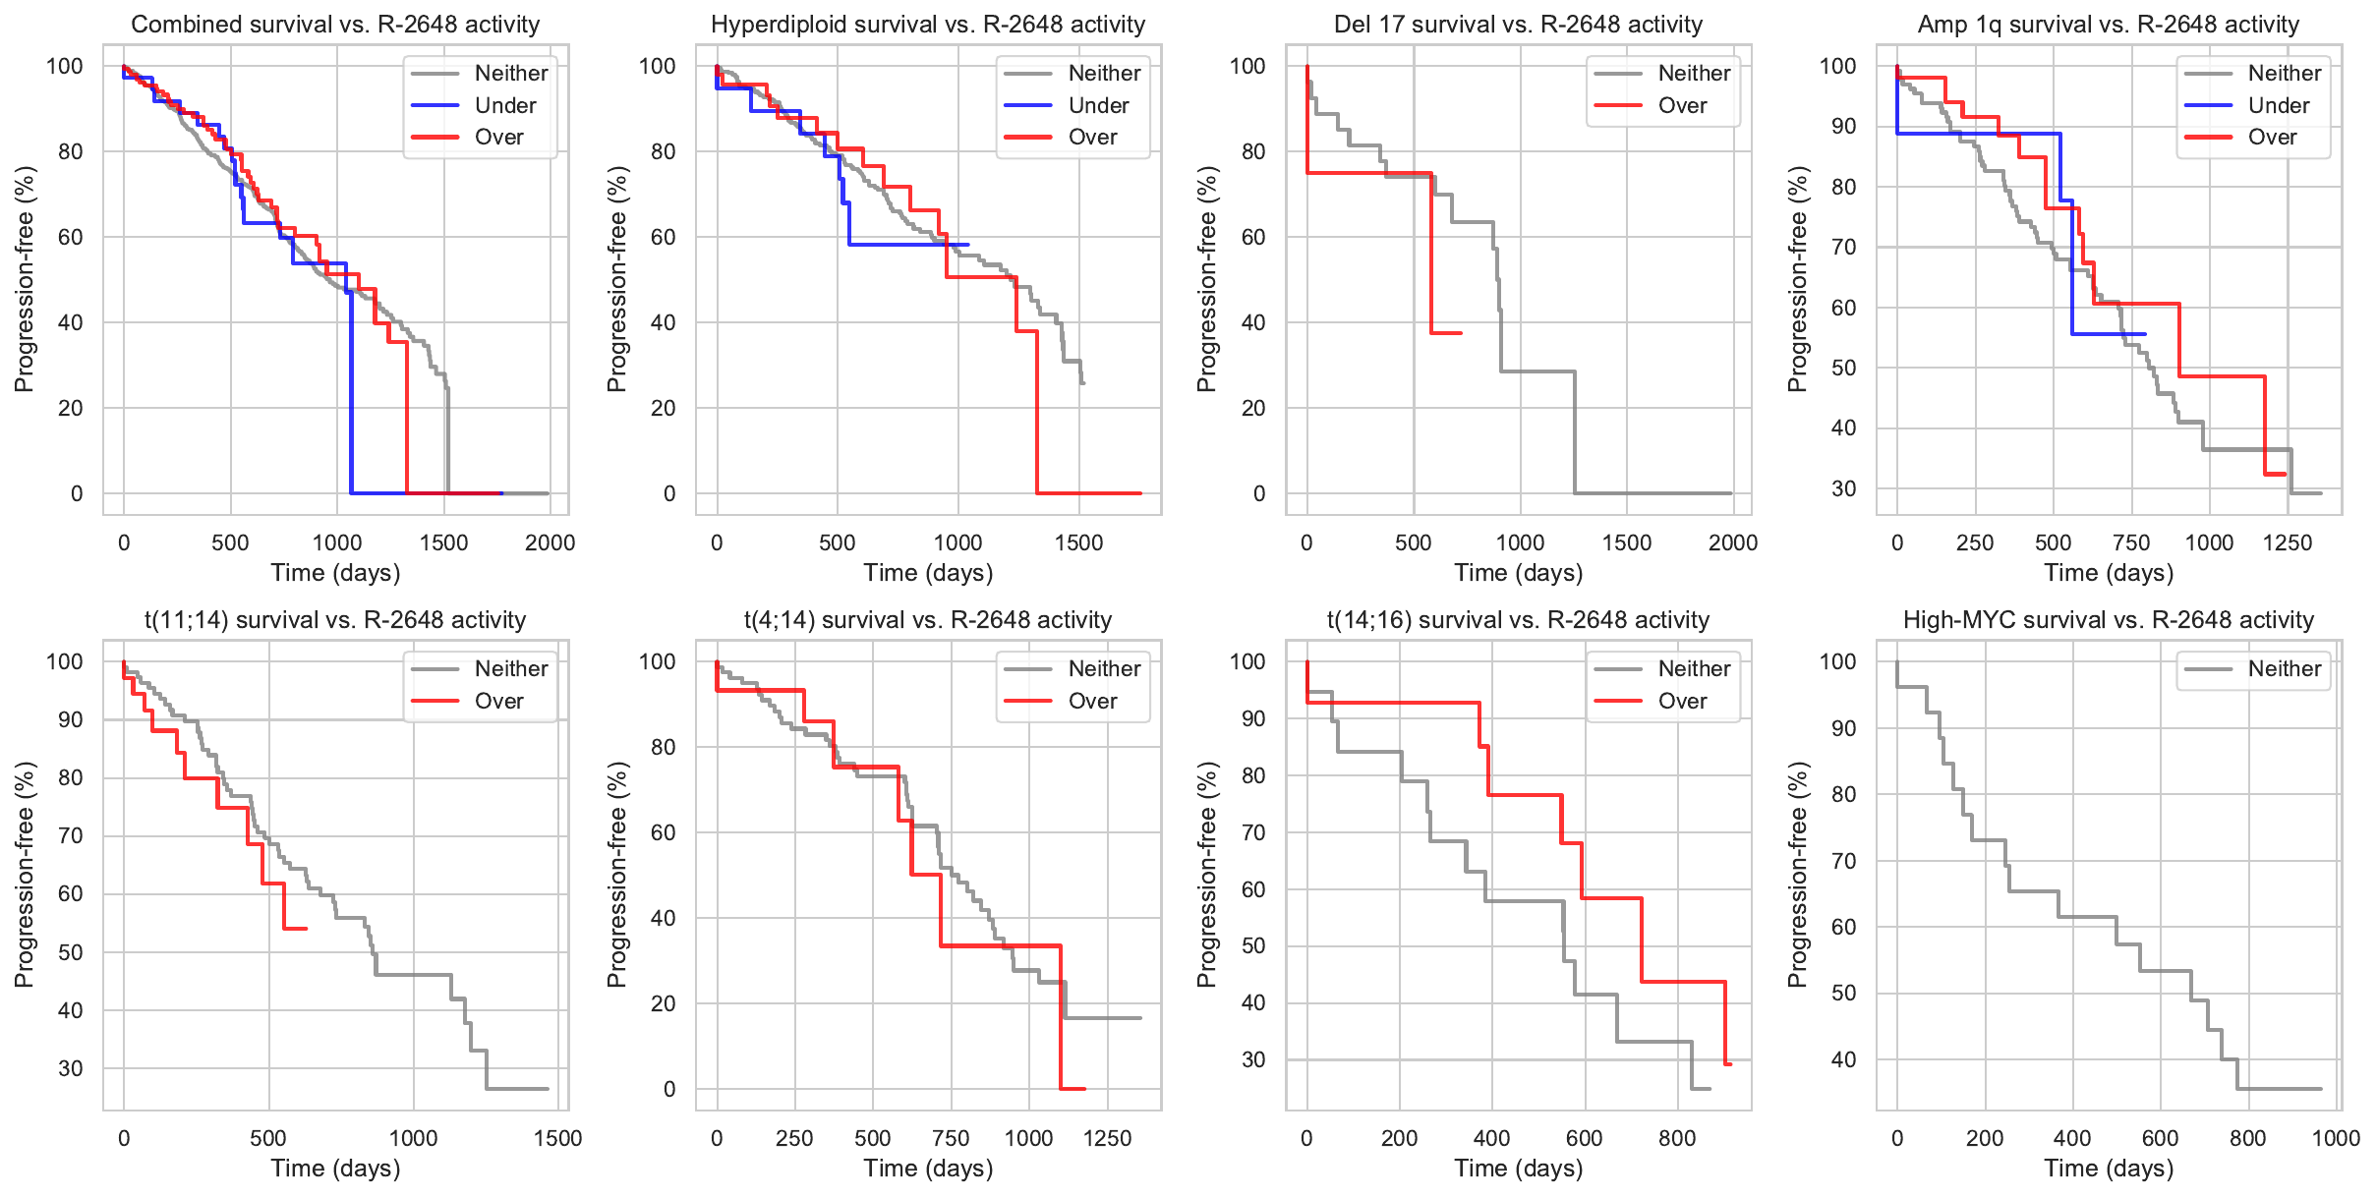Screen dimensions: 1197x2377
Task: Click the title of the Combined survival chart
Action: (335, 25)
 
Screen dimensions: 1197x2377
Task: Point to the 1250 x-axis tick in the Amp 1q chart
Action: (2288, 542)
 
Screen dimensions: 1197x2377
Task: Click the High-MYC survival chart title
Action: (2109, 620)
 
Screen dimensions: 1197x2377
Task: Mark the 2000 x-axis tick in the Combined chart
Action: (550, 542)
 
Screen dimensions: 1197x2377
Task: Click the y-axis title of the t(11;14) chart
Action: (25, 875)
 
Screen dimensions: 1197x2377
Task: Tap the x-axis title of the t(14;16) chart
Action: (1518, 1168)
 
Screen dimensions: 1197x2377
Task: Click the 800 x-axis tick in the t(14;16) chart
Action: (1677, 1138)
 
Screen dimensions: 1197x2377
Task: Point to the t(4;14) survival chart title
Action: (927, 620)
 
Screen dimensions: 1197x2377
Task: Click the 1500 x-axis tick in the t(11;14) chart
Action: (557, 1138)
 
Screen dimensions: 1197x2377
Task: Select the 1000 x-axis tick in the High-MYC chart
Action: (2336, 1138)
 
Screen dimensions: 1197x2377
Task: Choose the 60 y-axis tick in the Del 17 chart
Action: (1252, 237)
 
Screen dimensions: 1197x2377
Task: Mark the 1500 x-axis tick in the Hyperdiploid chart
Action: (1078, 542)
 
